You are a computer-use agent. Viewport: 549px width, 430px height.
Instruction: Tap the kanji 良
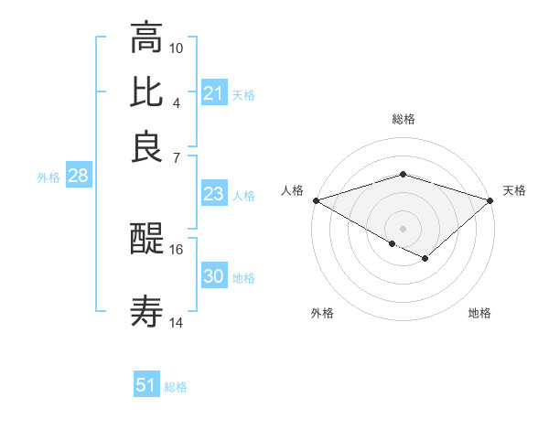[146, 146]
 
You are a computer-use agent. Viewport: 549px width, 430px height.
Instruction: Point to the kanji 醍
[146, 240]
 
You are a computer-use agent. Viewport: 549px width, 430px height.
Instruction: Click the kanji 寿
[146, 313]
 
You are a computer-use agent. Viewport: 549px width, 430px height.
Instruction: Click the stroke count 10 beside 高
[177, 48]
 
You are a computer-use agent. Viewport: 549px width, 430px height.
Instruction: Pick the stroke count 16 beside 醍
[177, 249]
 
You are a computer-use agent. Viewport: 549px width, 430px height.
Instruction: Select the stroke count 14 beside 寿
[177, 322]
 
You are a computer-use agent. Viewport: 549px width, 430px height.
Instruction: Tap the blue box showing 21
[213, 93]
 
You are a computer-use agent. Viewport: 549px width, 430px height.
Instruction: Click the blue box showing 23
[213, 194]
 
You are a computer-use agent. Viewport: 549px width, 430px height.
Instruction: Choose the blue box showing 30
[213, 276]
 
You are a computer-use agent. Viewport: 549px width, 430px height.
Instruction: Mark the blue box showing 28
[78, 177]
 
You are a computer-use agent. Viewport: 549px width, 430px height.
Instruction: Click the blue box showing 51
[146, 385]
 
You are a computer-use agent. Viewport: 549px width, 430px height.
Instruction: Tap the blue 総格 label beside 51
[176, 387]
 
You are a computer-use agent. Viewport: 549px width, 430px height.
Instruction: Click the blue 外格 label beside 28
[48, 177]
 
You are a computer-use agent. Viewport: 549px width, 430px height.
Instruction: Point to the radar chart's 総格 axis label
[403, 119]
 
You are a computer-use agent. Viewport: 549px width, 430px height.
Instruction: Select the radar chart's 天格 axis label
[514, 190]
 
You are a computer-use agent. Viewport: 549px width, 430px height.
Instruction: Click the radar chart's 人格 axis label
[293, 190]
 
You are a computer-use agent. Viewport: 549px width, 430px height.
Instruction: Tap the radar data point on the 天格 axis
[490, 200]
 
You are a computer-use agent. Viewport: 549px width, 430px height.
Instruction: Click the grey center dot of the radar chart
[403, 227]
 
